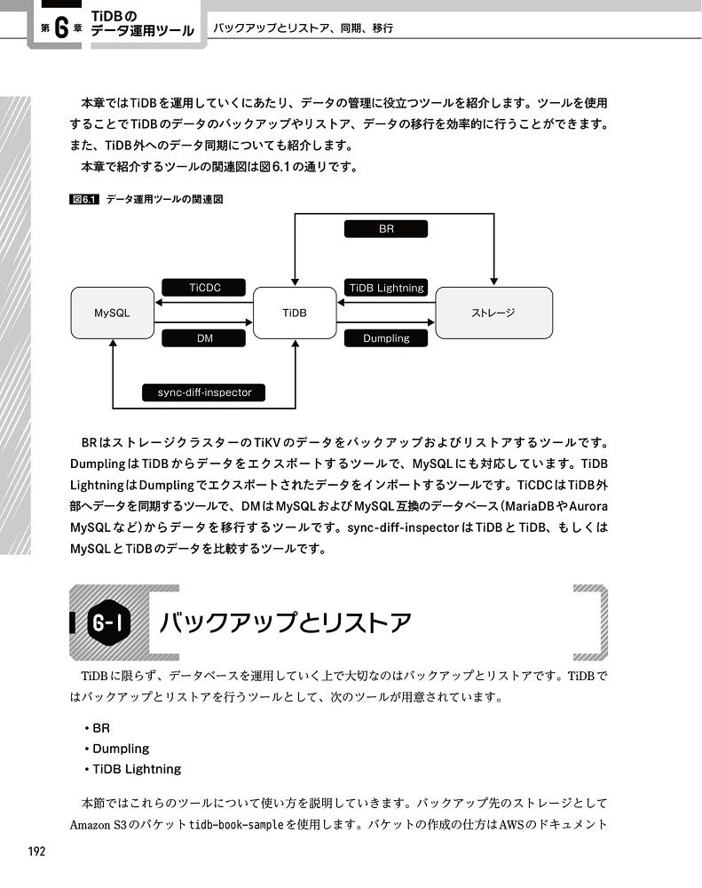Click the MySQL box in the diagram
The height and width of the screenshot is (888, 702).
112,313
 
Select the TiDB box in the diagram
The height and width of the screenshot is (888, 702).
295,313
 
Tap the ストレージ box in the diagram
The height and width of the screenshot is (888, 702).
493,313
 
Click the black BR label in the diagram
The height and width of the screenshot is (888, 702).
385,229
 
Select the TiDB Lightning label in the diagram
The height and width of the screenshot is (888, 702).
386,288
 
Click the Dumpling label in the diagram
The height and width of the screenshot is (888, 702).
386,337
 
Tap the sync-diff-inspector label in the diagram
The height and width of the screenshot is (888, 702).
204,392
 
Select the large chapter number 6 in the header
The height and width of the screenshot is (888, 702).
60,28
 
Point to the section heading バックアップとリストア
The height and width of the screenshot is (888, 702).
284,622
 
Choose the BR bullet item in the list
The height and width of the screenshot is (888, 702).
100,727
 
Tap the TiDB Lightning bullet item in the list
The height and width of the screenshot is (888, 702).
136,769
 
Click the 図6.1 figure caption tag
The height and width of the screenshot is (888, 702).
82,200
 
